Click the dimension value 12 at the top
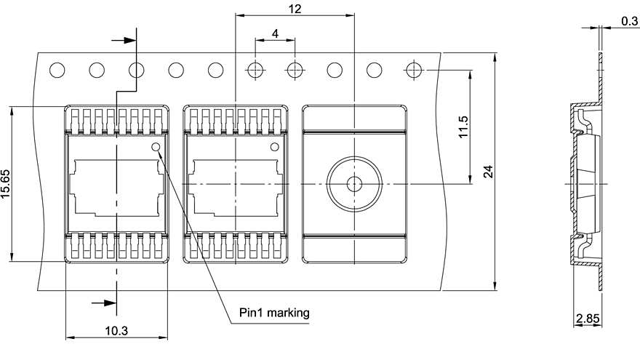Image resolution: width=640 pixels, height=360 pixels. click(295, 9)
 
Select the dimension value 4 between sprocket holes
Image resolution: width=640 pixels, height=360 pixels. click(275, 34)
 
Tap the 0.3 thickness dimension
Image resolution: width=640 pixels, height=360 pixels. click(629, 21)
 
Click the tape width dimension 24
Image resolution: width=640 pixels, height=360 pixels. click(488, 172)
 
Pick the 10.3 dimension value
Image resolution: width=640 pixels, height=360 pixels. click(116, 331)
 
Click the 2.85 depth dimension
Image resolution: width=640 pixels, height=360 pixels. click(587, 319)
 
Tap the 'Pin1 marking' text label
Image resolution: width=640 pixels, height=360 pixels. click(274, 313)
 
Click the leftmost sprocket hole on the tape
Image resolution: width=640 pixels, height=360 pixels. click(57, 71)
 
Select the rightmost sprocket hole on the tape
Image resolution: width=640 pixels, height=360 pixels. click(413, 71)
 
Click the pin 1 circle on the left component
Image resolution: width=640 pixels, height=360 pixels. click(155, 147)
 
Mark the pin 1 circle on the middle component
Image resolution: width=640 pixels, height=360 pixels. click(274, 147)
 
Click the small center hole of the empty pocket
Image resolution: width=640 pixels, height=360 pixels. click(353, 184)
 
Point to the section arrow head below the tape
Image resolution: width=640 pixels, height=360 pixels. click(110, 302)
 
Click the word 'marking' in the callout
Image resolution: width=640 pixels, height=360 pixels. click(288, 313)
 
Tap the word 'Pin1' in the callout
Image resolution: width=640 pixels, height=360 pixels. click(251, 313)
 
